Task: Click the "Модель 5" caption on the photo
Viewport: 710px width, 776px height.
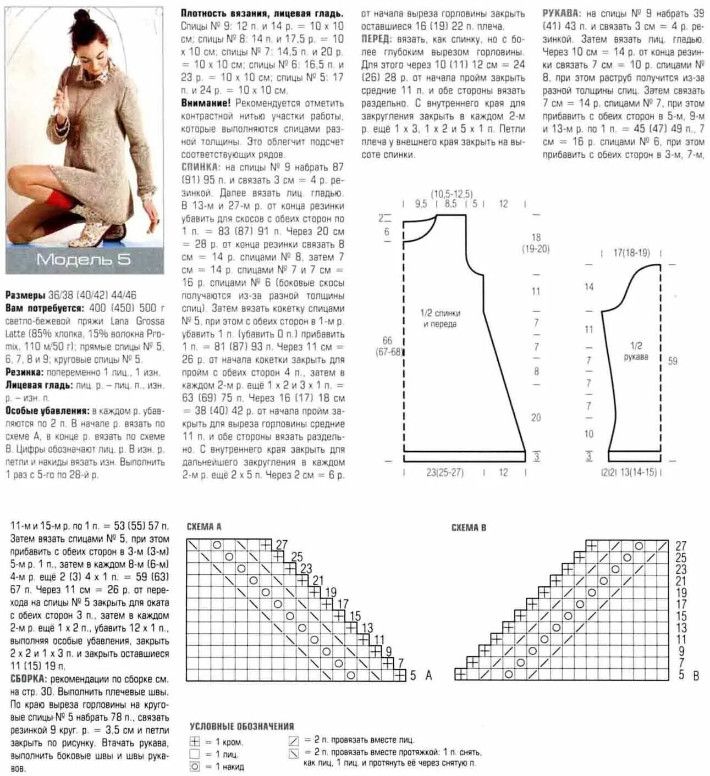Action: (84, 259)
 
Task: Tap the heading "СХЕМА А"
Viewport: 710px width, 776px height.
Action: (203, 526)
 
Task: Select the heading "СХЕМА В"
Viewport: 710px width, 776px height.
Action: (469, 528)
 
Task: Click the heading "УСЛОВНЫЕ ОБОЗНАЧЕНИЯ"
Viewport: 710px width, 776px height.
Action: (242, 726)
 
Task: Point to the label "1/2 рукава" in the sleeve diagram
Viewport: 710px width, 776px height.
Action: (636, 351)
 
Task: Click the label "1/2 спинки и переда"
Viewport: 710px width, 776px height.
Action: (440, 318)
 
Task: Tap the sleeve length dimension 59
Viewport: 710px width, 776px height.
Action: (673, 361)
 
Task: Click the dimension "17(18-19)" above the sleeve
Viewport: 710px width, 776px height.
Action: (631, 253)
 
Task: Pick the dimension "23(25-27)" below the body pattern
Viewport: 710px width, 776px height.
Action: (444, 472)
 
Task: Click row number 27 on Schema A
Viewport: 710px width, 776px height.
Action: (282, 545)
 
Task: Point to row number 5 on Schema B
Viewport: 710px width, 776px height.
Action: (681, 675)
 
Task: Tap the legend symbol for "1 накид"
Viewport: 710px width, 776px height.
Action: (194, 767)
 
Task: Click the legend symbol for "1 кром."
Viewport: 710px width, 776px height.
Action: (194, 742)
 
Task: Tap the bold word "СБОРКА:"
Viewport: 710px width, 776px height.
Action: (28, 679)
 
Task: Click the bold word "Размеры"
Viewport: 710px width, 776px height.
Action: (25, 295)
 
